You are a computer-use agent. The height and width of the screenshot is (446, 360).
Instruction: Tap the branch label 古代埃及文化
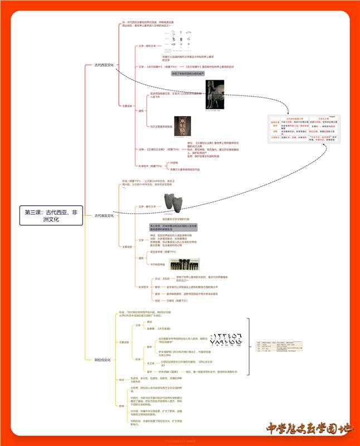104,216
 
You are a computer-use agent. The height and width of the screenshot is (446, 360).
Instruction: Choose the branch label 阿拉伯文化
103,360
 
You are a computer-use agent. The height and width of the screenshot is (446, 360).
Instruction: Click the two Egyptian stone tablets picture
173,203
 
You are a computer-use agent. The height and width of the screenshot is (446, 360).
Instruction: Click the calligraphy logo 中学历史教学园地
309,429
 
